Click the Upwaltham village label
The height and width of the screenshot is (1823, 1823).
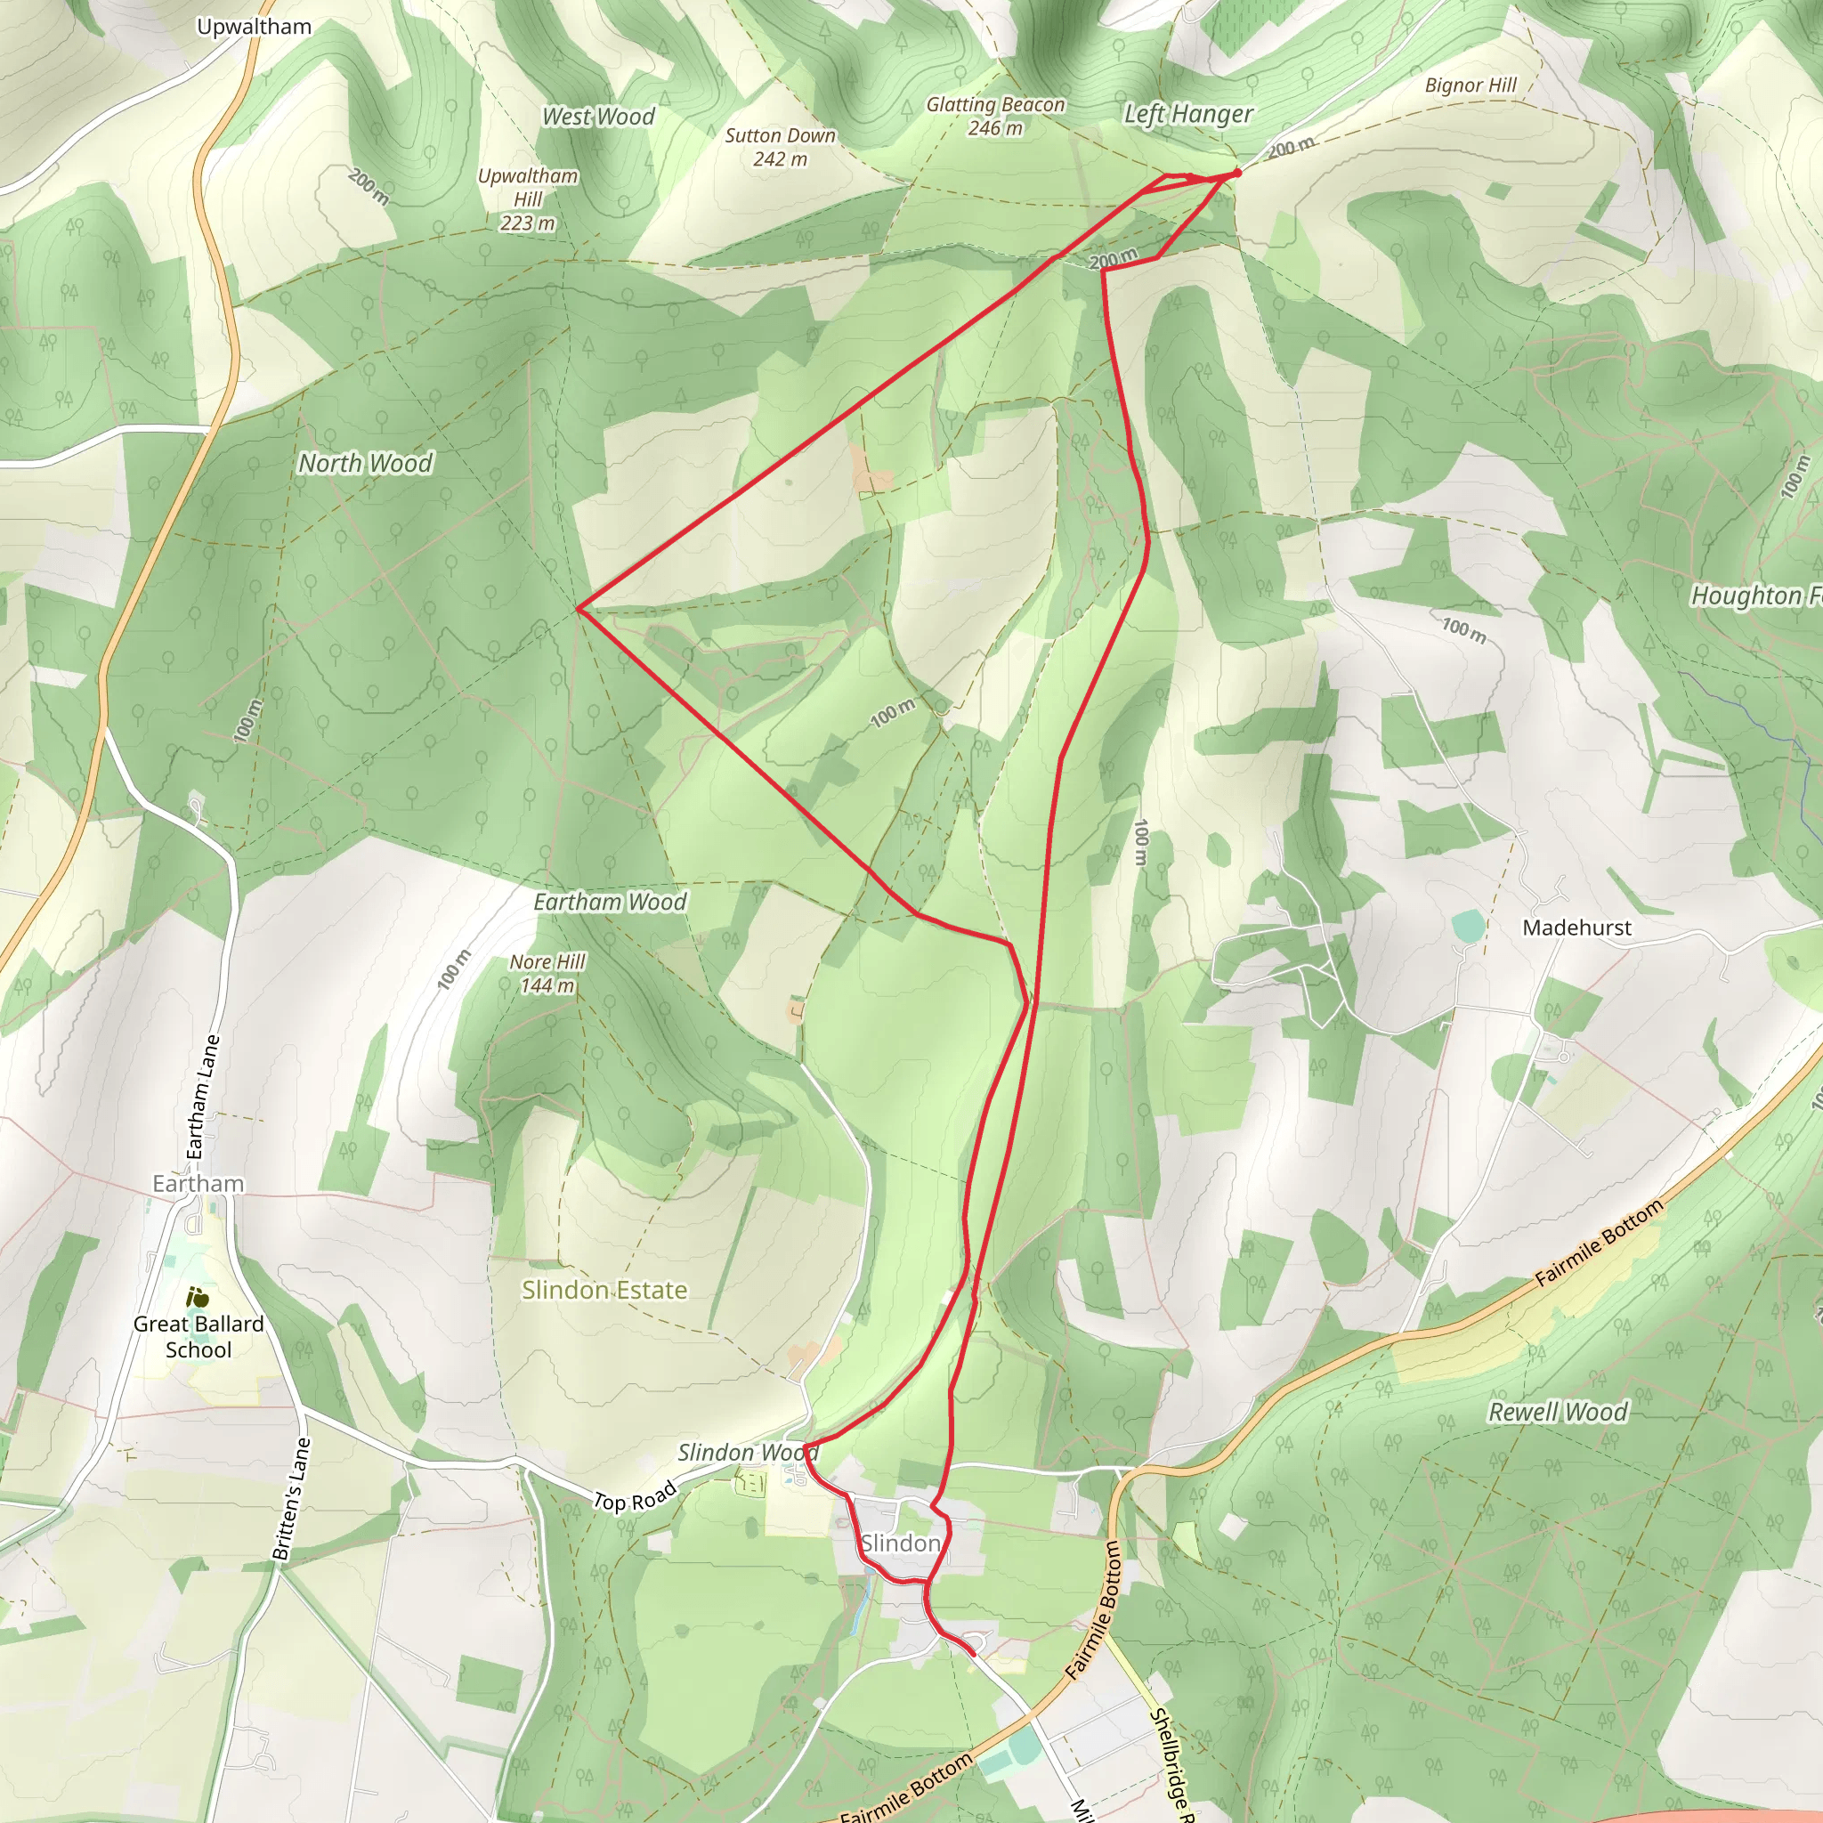pos(254,27)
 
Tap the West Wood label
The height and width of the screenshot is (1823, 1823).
pos(598,117)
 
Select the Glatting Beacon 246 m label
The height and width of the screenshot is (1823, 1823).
pos(994,116)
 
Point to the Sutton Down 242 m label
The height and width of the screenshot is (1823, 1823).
pos(780,147)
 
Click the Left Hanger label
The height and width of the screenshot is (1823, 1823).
pos(1188,114)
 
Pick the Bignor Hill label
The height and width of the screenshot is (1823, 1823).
pos(1471,85)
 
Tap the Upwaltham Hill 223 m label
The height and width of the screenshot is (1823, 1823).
pos(528,199)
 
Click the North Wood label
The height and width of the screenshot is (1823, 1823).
pos(365,463)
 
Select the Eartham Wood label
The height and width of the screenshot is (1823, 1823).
pos(610,902)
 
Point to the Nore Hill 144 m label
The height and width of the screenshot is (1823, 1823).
pos(547,974)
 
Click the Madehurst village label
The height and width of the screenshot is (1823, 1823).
pos(1576,928)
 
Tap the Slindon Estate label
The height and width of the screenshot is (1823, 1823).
pos(604,1290)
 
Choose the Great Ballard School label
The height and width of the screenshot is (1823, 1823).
pos(199,1336)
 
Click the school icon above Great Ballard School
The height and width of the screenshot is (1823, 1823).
pos(198,1298)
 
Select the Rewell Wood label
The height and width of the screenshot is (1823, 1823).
pos(1558,1413)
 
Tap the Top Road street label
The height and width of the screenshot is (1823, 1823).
pos(634,1497)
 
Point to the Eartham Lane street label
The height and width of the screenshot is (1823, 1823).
pos(203,1097)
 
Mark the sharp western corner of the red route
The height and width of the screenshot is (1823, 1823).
pos(579,609)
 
